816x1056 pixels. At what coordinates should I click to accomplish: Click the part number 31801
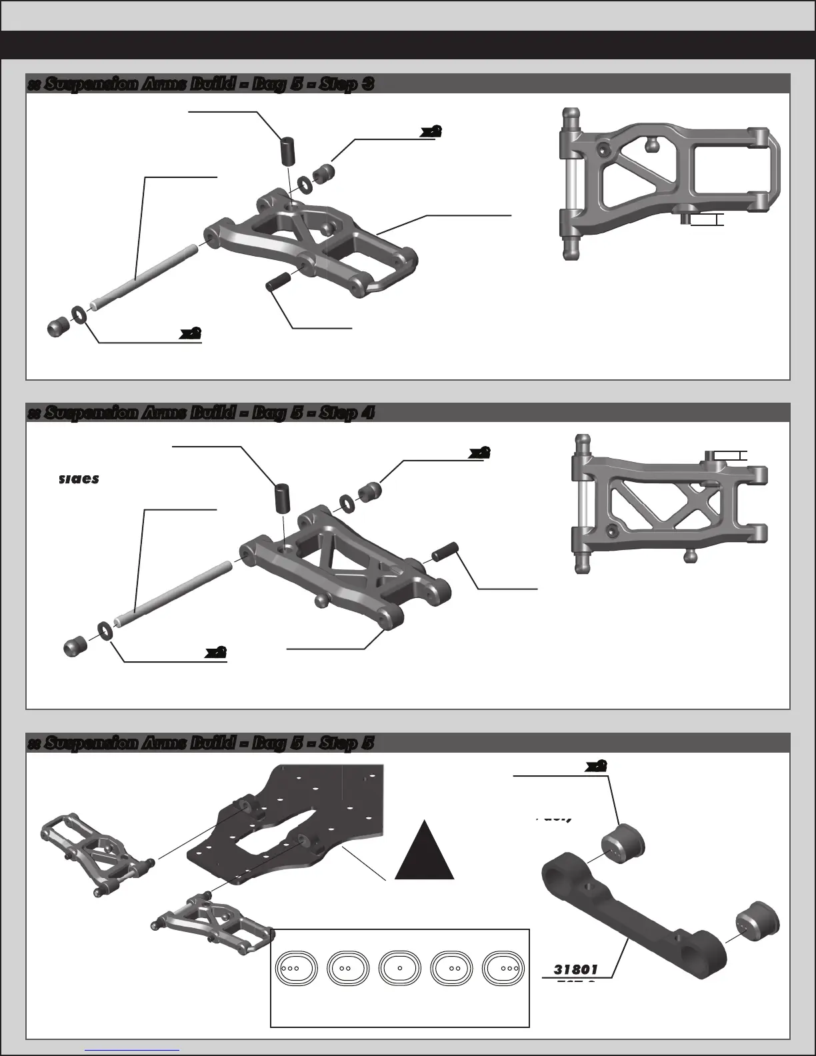(575, 969)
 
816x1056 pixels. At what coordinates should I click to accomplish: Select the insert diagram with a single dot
(399, 967)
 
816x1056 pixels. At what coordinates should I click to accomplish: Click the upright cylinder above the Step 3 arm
(287, 151)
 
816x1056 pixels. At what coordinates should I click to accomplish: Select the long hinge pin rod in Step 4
(173, 594)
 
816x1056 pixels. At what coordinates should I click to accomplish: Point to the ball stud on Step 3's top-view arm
(651, 142)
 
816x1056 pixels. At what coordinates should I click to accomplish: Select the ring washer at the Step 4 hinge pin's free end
(105, 629)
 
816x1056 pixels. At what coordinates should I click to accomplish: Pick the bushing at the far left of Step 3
(58, 327)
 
